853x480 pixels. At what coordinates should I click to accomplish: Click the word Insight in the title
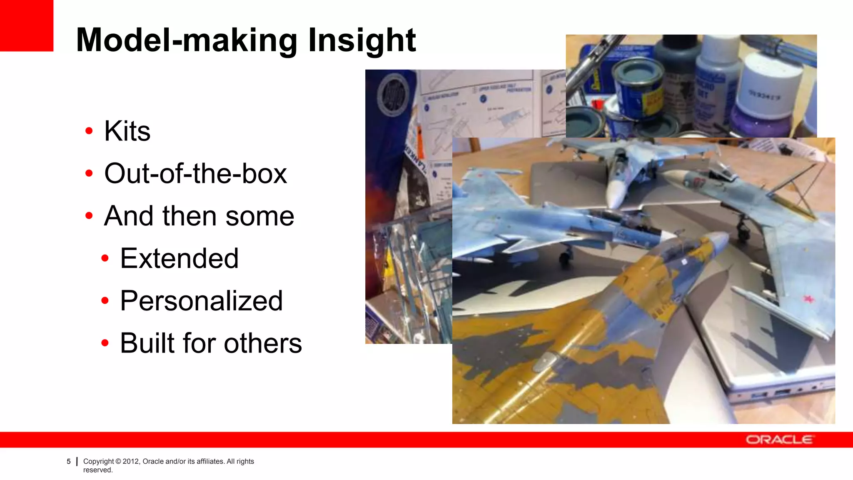pyautogui.click(x=362, y=40)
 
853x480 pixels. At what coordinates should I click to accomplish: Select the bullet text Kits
pyautogui.click(x=127, y=131)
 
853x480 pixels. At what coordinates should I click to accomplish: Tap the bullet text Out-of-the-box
pyautogui.click(x=195, y=173)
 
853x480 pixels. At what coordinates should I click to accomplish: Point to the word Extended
pyautogui.click(x=179, y=258)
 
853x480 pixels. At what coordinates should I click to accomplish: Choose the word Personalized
pyautogui.click(x=201, y=301)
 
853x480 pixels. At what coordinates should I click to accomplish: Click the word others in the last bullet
pyautogui.click(x=262, y=343)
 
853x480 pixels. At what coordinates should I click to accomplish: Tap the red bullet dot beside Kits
pyautogui.click(x=89, y=131)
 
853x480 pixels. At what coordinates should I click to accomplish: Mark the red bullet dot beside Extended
pyautogui.click(x=105, y=258)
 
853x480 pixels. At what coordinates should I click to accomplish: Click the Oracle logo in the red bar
pyautogui.click(x=779, y=440)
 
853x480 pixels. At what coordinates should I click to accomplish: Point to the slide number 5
pyautogui.click(x=69, y=462)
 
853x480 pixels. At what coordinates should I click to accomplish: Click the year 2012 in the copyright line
pyautogui.click(x=131, y=461)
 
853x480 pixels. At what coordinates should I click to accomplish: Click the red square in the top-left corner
pyautogui.click(x=26, y=25)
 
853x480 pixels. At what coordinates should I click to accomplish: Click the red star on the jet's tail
pyautogui.click(x=808, y=299)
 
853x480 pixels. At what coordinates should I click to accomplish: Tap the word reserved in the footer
pyautogui.click(x=97, y=470)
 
